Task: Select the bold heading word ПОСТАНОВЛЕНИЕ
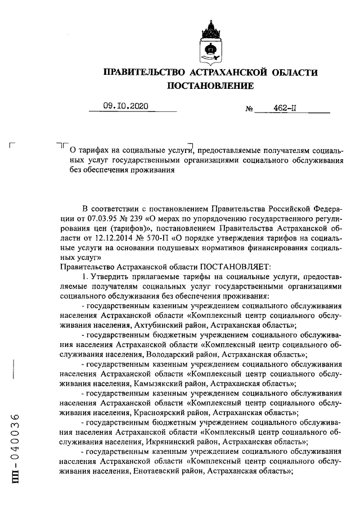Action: [x=210, y=85]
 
